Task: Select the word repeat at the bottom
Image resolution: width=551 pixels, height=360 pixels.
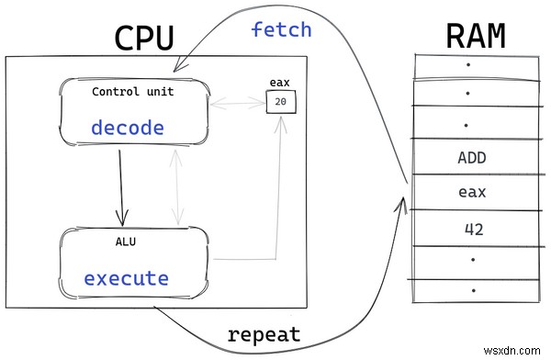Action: coord(264,334)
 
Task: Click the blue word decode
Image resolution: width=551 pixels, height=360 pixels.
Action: coord(127,128)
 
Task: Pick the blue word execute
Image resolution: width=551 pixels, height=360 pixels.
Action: coord(126,277)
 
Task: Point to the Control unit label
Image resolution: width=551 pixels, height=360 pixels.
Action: coord(133,92)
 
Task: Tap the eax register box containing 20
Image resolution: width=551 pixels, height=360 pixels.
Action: coord(280,102)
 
